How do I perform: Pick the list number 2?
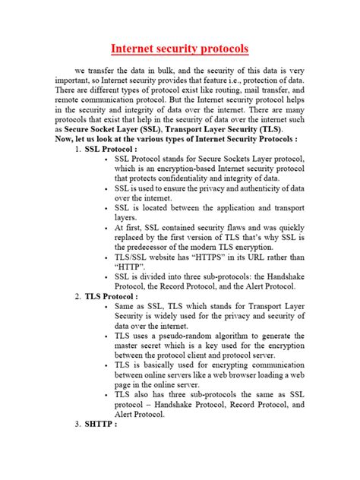[x=78, y=297]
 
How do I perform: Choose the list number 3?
[x=78, y=445]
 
